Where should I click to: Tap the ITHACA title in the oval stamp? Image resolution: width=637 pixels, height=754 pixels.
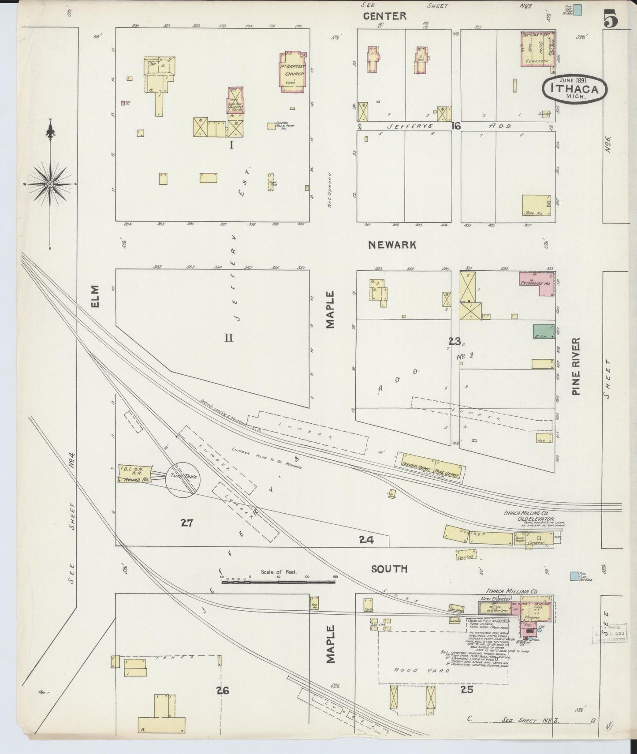(574, 88)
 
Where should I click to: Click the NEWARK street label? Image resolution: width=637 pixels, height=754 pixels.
(392, 245)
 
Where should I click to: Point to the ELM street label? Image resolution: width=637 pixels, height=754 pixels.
(96, 296)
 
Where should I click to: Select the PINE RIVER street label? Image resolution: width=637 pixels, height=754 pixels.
(576, 366)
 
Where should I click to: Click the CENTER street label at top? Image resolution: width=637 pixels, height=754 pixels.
(384, 16)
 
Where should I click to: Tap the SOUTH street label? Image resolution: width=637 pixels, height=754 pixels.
(389, 569)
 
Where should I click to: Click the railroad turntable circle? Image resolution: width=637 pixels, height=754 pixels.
(183, 480)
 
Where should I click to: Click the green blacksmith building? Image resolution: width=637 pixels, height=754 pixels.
(543, 332)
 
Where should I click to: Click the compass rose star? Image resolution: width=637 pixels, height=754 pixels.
(51, 184)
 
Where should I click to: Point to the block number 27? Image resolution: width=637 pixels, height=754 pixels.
(187, 523)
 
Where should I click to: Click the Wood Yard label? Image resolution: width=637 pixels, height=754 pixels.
(421, 670)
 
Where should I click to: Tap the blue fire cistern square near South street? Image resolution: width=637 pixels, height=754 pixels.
(574, 576)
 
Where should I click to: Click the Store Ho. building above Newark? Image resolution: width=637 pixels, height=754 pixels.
(536, 205)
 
